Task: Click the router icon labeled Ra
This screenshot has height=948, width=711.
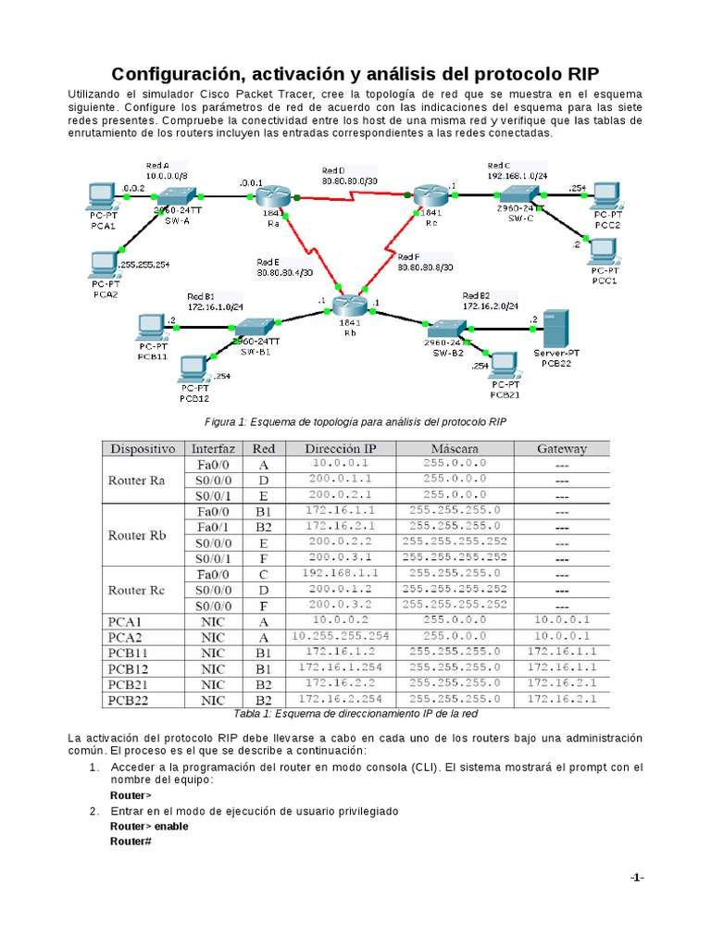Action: pyautogui.click(x=274, y=196)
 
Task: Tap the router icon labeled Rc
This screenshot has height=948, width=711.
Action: pyautogui.click(x=429, y=195)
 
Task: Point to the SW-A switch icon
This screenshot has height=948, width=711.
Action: pyautogui.click(x=174, y=196)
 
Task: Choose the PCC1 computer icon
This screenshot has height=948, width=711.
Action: pyautogui.click(x=604, y=251)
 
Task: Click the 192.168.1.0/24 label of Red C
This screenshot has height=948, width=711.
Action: pyautogui.click(x=518, y=176)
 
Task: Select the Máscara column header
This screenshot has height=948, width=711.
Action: pyautogui.click(x=455, y=449)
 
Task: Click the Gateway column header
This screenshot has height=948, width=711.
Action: pyautogui.click(x=561, y=449)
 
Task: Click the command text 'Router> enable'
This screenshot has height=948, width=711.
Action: pyautogui.click(x=144, y=826)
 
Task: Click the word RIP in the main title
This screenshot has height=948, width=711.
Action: pyautogui.click(x=578, y=74)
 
